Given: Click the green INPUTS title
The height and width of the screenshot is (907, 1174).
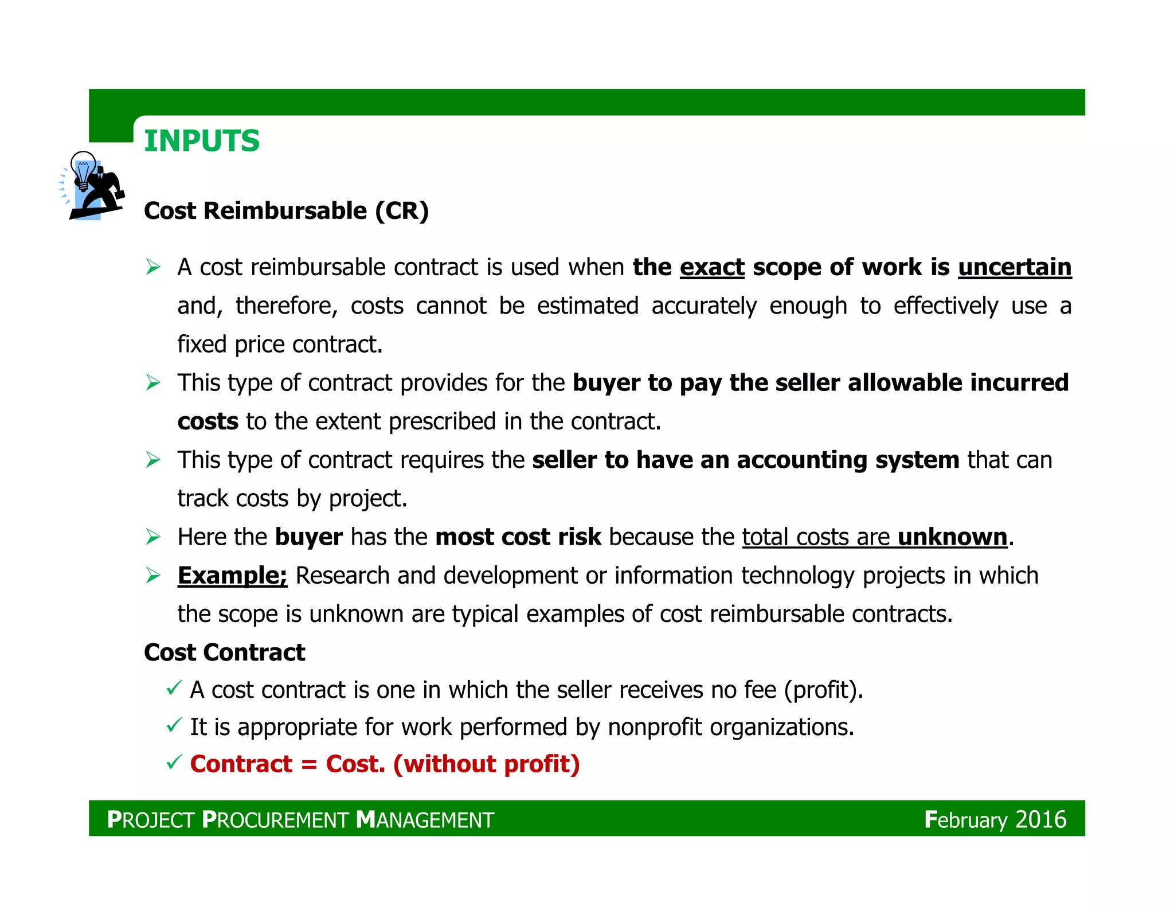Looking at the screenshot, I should (x=202, y=141).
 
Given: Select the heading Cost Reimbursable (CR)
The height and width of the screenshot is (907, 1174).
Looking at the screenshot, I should (x=286, y=211).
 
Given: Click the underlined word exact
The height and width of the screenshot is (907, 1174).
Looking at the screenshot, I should (x=712, y=267).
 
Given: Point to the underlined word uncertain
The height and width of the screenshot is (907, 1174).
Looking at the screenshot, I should (x=1015, y=267).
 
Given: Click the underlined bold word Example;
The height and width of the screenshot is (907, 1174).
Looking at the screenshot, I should (x=232, y=576).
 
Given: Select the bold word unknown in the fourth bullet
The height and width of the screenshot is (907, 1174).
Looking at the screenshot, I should (x=952, y=537).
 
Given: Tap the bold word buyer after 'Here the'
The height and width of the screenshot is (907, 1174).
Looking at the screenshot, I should (x=309, y=537).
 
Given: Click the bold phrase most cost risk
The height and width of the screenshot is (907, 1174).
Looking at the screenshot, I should (x=518, y=537).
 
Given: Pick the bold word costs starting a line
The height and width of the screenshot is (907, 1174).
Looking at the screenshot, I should (x=208, y=421).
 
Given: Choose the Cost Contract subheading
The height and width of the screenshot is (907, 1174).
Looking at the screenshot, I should (x=225, y=652).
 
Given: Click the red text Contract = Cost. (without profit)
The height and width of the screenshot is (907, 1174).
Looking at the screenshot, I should (x=385, y=764).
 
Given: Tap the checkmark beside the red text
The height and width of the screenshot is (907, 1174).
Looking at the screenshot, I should (x=174, y=762).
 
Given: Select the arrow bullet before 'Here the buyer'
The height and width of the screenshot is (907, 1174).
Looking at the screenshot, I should (x=153, y=537).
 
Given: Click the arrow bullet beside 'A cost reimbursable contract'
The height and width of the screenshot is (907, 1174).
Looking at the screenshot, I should (x=153, y=267).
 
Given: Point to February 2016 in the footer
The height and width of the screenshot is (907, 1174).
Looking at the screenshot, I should (x=995, y=819).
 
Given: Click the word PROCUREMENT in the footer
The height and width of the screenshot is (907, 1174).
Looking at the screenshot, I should (x=275, y=820).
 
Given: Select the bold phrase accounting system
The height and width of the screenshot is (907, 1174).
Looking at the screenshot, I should (x=848, y=460).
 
